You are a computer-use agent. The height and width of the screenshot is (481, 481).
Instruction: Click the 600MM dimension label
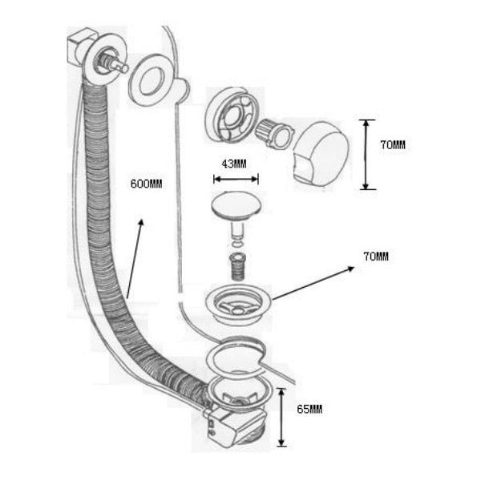[147, 184]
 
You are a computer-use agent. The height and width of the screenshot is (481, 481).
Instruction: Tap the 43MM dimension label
[234, 164]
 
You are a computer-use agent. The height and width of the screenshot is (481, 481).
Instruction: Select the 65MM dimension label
[309, 409]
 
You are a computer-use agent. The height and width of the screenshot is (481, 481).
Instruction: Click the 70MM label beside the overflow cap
[393, 145]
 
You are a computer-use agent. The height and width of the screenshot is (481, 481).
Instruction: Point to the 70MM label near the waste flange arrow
[376, 257]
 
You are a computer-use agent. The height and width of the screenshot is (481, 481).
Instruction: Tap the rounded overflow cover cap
[321, 153]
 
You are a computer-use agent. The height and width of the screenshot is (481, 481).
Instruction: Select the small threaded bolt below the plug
[237, 266]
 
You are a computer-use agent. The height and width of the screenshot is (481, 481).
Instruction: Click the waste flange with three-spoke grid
[238, 305]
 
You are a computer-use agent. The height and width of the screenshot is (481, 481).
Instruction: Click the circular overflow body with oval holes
[232, 115]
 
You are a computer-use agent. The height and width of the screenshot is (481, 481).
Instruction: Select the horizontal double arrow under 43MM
[236, 179]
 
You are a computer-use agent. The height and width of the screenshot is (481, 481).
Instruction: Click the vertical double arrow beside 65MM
[281, 417]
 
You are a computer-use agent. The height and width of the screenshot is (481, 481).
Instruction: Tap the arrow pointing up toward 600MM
[135, 259]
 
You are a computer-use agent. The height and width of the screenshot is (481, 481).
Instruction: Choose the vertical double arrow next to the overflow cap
[366, 155]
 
